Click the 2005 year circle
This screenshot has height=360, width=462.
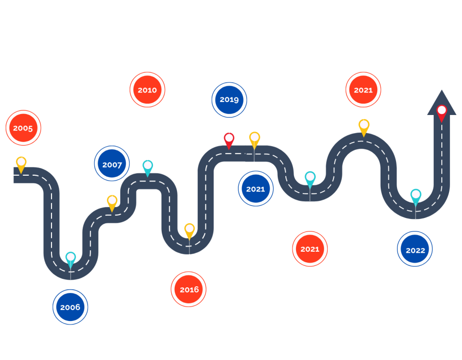[23, 128]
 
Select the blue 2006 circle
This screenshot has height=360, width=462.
[70, 307]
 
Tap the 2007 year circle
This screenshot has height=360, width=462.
[112, 165]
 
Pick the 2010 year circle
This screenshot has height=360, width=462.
[147, 90]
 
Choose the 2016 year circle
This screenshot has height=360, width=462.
[189, 289]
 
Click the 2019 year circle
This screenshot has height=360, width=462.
[230, 100]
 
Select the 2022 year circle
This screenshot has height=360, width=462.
[415, 250]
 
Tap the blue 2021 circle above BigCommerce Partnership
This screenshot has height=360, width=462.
[255, 189]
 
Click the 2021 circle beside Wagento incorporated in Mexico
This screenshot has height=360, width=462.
[310, 249]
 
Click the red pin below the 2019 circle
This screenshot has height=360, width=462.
[229, 140]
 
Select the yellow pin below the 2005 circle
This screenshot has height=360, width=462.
[21, 163]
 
